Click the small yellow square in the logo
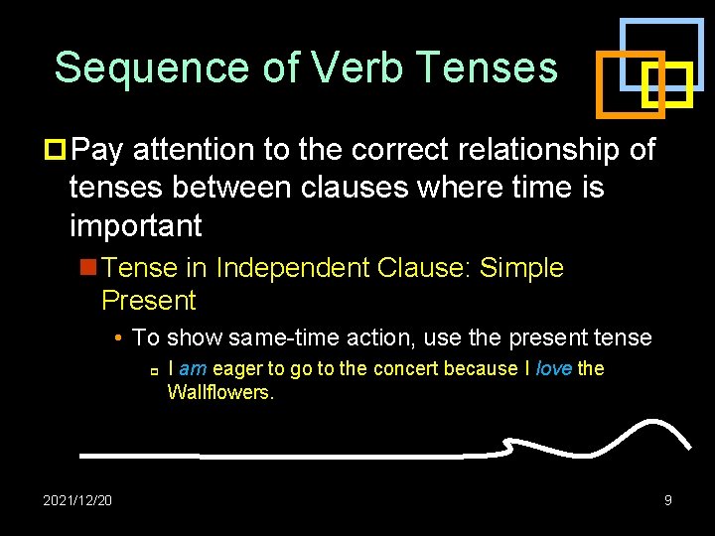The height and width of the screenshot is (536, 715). [666, 87]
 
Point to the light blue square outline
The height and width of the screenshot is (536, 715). [660, 21]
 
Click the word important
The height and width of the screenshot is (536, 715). [135, 225]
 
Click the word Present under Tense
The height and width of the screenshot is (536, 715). [149, 301]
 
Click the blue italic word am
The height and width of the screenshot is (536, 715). [193, 369]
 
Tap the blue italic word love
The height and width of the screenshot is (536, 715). [553, 369]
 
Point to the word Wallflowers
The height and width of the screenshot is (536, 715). [219, 392]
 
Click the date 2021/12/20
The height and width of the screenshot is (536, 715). [77, 500]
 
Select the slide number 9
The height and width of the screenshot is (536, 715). [668, 500]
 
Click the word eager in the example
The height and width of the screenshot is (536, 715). [237, 369]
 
